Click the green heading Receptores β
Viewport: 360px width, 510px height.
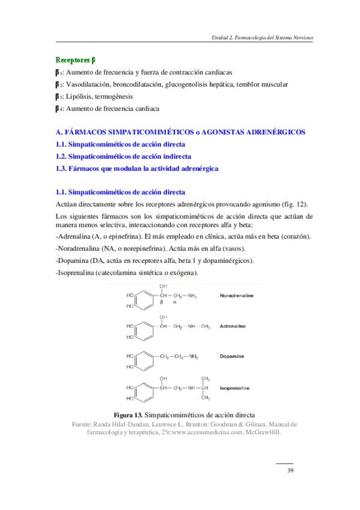click(75, 60)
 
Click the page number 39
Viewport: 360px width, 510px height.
click(290, 470)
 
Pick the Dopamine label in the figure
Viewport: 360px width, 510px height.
click(232, 357)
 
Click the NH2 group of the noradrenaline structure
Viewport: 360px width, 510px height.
click(192, 296)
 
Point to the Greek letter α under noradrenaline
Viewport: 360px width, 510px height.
click(175, 304)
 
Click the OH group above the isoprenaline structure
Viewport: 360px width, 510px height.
click(163, 378)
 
